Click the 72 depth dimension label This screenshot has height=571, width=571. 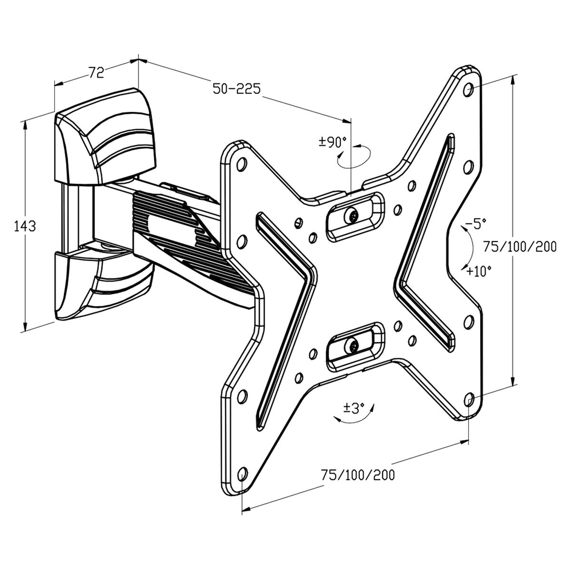pos(96,72)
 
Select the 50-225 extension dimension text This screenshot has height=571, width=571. pos(236,89)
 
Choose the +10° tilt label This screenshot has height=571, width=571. pos(478,271)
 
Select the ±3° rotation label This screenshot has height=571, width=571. pos(354,407)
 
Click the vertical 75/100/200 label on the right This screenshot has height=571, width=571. pos(520,246)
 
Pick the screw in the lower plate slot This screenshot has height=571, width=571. pos(352,345)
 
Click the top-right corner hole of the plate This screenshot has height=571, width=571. pos(468,89)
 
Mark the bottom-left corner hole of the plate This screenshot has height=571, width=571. pos(242,473)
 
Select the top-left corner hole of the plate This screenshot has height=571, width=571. pos(241,164)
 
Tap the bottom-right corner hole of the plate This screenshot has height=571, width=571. pos(468,399)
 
